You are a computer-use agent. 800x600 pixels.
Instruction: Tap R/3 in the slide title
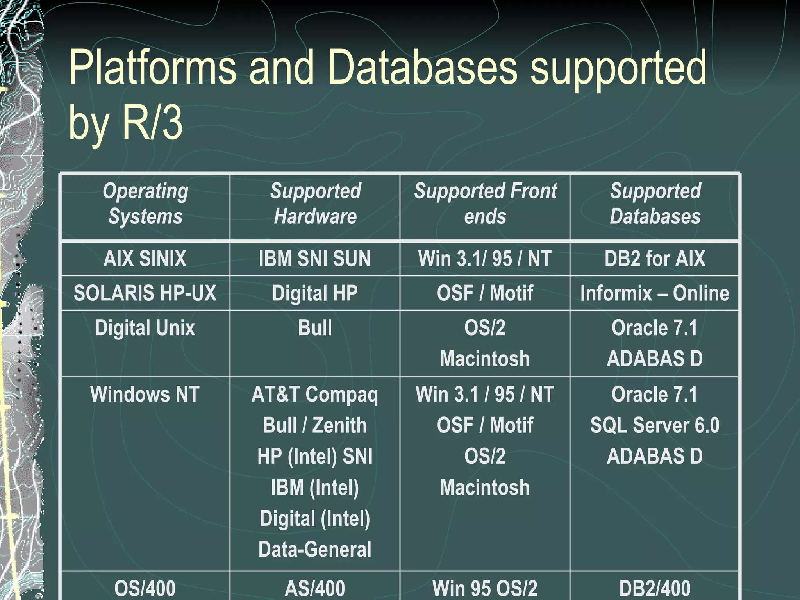[x=152, y=123]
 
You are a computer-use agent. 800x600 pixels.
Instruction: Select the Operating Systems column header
[x=145, y=204]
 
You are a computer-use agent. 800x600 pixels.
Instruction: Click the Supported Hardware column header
[x=315, y=204]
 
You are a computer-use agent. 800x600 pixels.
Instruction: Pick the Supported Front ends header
[x=485, y=204]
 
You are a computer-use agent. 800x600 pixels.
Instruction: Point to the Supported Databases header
[x=655, y=204]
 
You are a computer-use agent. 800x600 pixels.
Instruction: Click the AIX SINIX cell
[x=145, y=259]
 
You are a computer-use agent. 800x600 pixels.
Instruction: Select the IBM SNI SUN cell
[x=315, y=259]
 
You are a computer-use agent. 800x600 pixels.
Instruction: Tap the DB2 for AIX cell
[x=655, y=259]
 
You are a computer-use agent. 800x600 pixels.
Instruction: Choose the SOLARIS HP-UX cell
[x=145, y=293]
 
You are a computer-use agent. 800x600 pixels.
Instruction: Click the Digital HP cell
[x=315, y=293]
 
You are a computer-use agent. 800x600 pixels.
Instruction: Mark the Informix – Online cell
[x=655, y=293]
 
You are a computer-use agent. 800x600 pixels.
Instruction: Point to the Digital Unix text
[x=145, y=328]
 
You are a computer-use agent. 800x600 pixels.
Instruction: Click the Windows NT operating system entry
[x=145, y=394]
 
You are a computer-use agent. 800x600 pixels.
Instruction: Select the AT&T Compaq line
[x=315, y=394]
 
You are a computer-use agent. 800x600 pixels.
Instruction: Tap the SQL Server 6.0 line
[x=655, y=425]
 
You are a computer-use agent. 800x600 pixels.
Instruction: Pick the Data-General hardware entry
[x=315, y=549]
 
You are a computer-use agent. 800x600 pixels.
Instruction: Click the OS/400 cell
[x=145, y=588]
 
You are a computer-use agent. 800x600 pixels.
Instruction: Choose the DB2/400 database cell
[x=655, y=588]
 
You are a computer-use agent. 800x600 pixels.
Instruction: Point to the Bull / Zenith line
[x=315, y=425]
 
